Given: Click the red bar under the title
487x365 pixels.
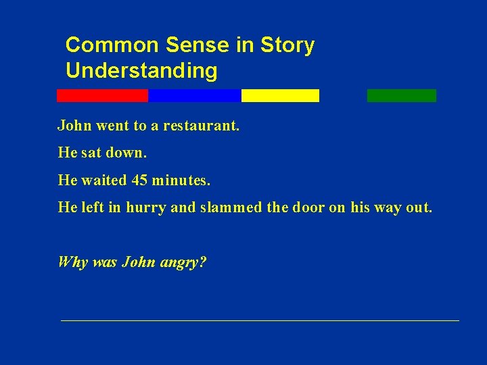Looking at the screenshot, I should tap(102, 96).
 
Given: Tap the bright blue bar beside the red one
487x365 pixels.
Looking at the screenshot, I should tap(194, 96).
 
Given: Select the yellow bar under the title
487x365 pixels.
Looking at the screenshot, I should tap(280, 96).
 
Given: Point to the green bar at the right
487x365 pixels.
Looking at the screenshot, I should tap(402, 96).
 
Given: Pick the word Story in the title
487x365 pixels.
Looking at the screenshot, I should tap(287, 45).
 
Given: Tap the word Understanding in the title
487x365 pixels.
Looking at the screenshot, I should tap(141, 70).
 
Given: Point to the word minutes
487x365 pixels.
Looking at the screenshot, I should tap(181, 180).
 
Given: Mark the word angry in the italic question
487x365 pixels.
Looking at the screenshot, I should tap(184, 262).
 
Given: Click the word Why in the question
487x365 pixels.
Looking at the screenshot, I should tap(72, 262).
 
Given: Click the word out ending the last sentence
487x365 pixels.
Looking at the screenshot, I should tap(417, 208).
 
